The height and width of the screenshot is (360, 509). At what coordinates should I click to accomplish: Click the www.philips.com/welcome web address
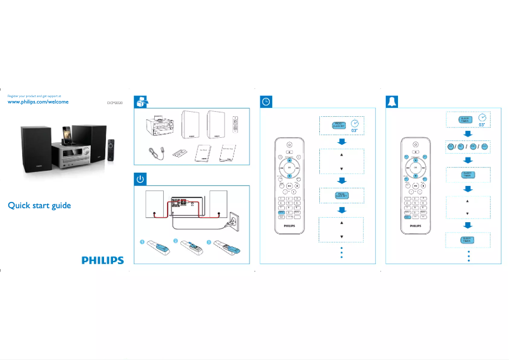(37, 102)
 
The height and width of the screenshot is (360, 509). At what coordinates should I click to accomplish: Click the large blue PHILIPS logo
(102, 260)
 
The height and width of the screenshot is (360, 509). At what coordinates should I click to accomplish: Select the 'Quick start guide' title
(39, 206)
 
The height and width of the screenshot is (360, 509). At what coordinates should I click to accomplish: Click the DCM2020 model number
(114, 102)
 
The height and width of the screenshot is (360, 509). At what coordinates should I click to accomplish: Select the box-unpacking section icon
(141, 102)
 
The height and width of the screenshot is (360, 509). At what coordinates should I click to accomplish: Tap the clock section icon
(267, 102)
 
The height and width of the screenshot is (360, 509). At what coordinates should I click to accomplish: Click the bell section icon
(393, 102)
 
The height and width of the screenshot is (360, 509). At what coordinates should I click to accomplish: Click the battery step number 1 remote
(156, 246)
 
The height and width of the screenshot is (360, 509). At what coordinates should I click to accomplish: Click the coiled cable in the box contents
(155, 153)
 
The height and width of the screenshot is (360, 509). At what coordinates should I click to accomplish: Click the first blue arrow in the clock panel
(341, 141)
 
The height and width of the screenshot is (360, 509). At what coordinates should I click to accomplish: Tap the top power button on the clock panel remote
(289, 145)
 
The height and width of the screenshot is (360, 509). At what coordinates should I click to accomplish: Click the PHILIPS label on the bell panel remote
(415, 225)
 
